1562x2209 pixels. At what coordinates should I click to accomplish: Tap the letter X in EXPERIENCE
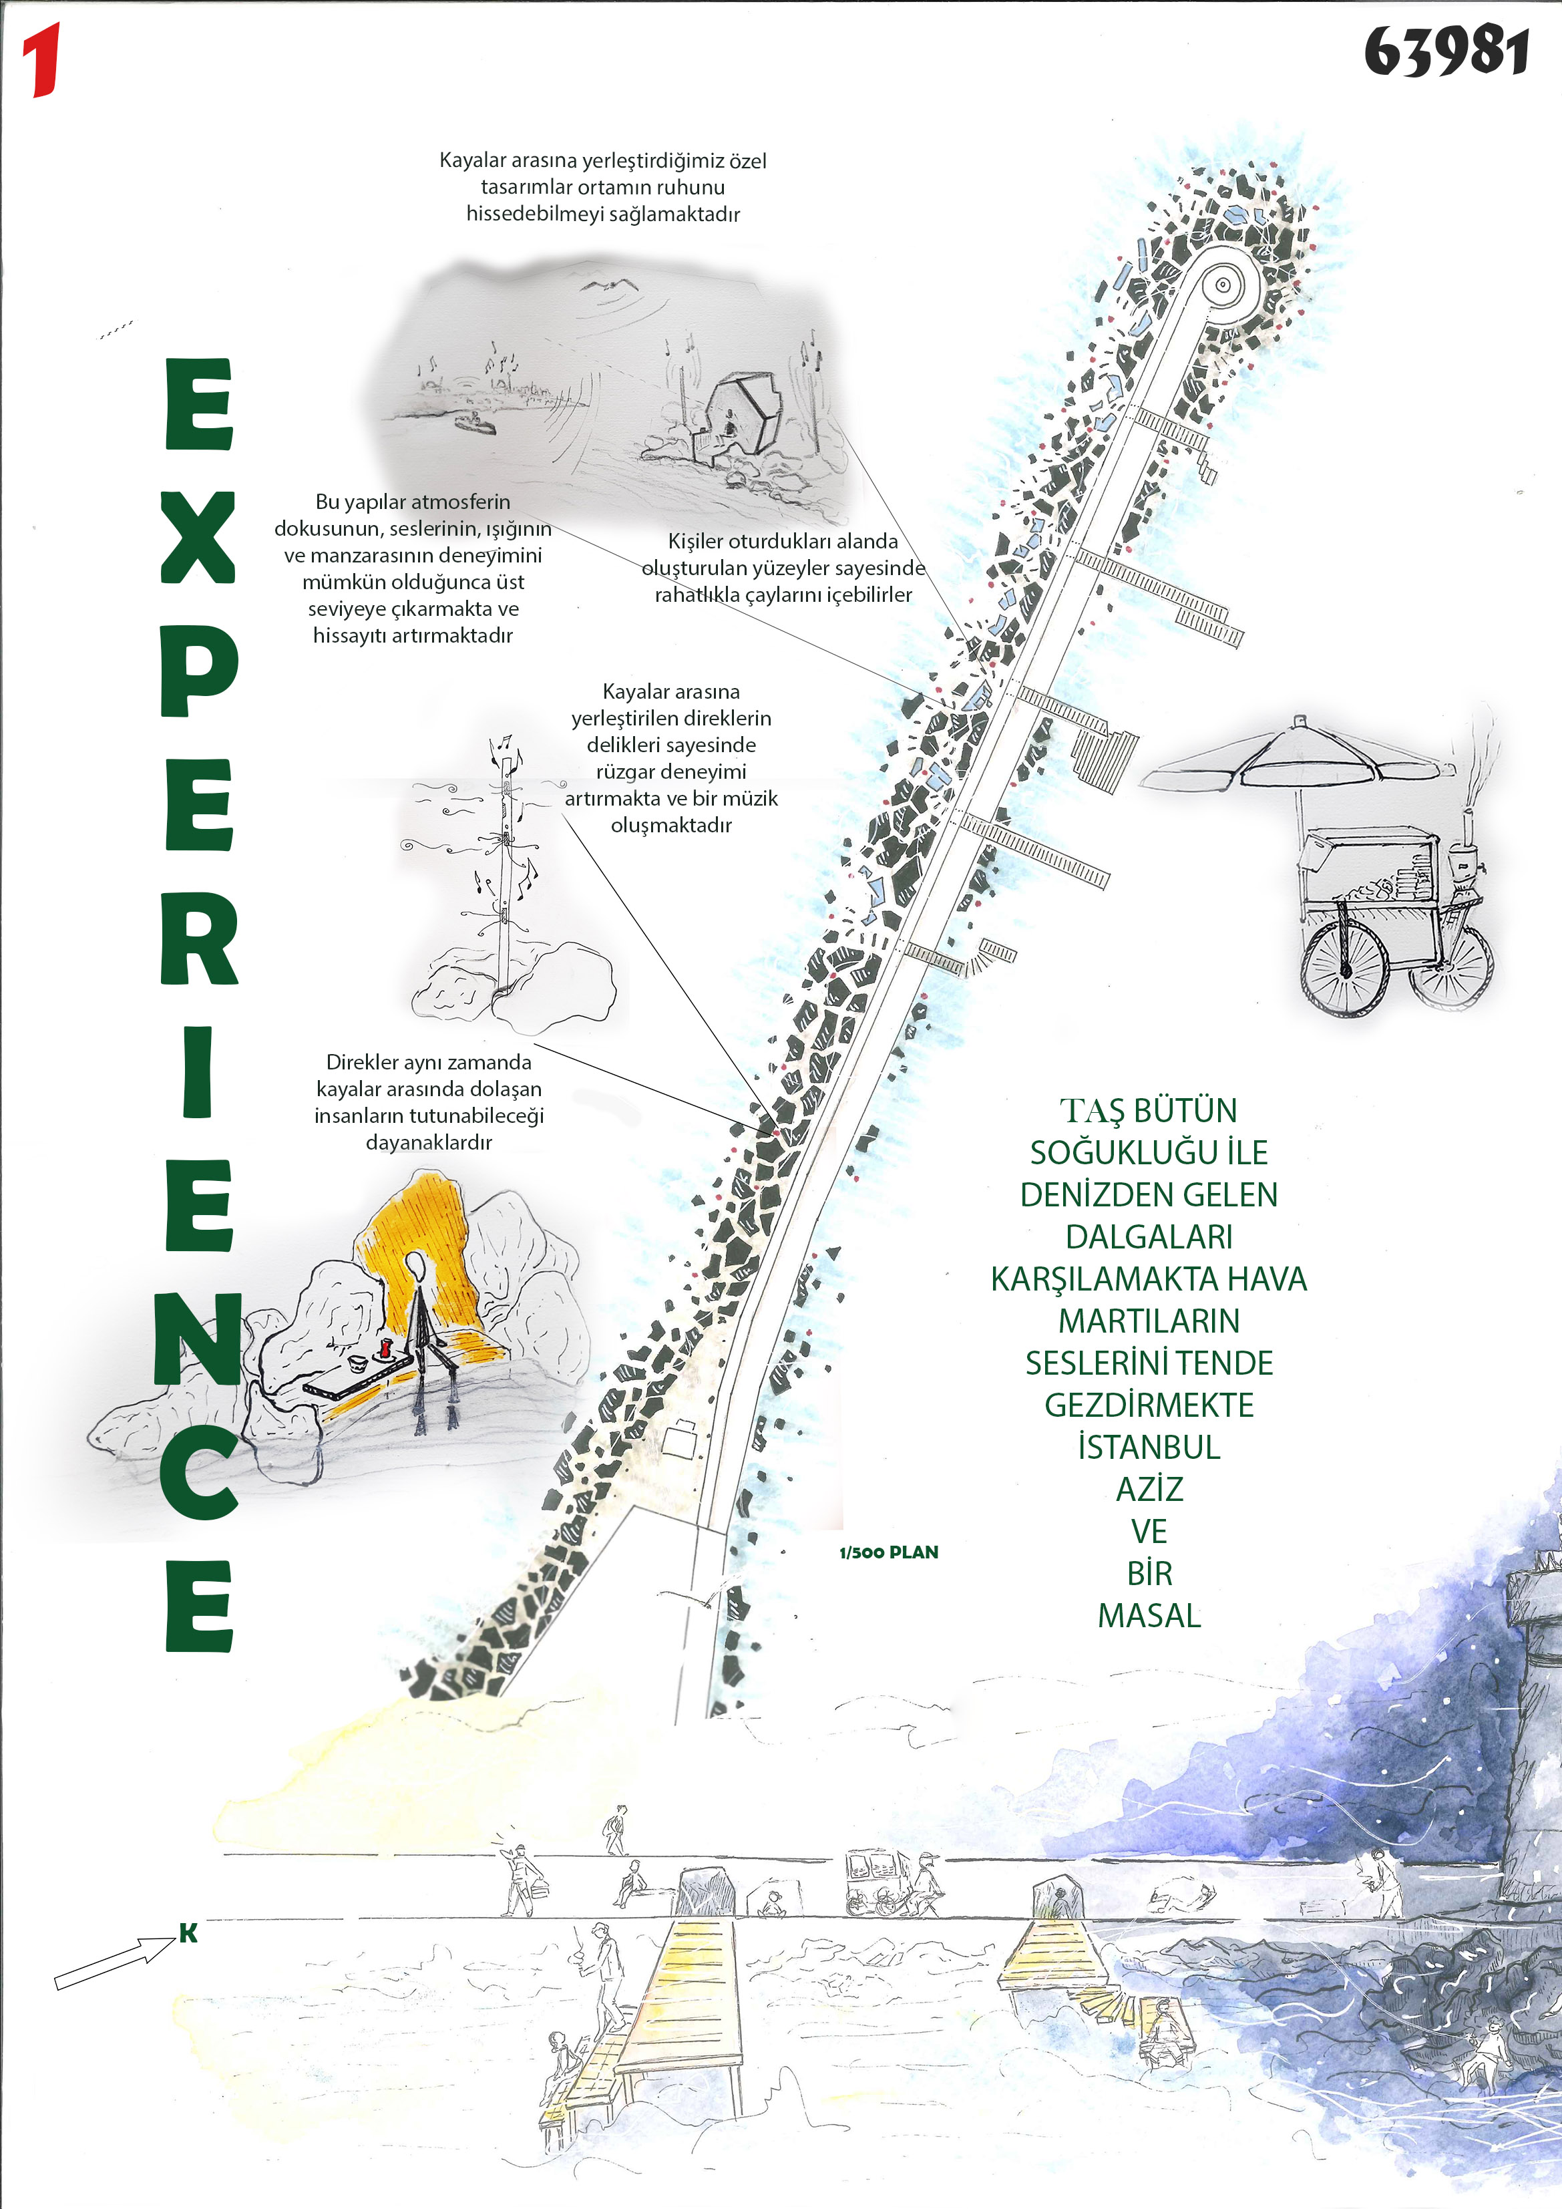(198, 537)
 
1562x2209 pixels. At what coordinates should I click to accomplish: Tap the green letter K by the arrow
(188, 1934)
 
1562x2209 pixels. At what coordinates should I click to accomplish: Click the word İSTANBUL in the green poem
(1149, 1447)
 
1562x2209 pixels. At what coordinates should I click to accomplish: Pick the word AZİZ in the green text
(1149, 1490)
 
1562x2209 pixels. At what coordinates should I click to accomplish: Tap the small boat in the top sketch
(474, 421)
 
